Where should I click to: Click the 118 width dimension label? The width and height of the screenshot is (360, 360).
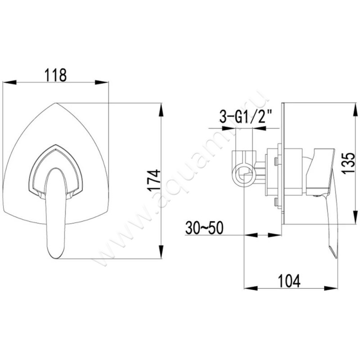[56, 74]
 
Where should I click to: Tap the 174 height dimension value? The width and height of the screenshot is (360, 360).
[154, 181]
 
